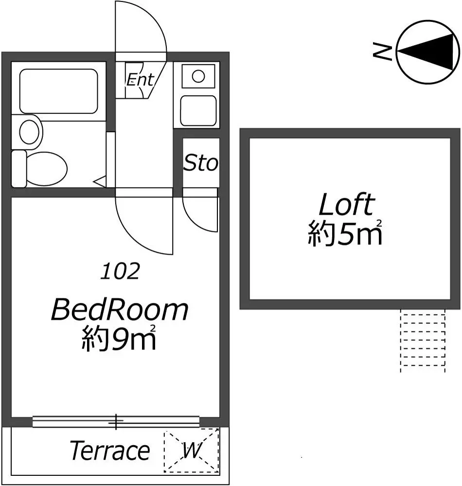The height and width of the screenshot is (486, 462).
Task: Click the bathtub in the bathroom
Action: pyautogui.click(x=59, y=91)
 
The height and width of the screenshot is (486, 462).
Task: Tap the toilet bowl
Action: pyautogui.click(x=47, y=169)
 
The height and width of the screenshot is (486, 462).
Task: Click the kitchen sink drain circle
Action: pyautogui.click(x=198, y=76)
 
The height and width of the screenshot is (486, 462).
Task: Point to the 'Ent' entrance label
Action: pyautogui.click(x=140, y=80)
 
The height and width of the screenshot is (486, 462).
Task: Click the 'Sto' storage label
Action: pyautogui.click(x=201, y=163)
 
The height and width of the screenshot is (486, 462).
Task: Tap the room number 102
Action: pyautogui.click(x=120, y=271)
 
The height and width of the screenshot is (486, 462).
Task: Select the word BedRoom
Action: pyautogui.click(x=120, y=309)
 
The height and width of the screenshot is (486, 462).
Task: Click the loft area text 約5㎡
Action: pyautogui.click(x=345, y=233)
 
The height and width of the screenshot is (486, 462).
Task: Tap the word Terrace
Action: pyautogui.click(x=110, y=451)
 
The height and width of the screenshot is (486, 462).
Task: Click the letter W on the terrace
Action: pyautogui.click(x=192, y=450)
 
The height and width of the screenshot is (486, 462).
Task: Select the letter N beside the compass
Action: pyautogui.click(x=382, y=51)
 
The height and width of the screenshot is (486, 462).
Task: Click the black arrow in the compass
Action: pyautogui.click(x=428, y=52)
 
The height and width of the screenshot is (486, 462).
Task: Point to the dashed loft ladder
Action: pyautogui.click(x=423, y=340)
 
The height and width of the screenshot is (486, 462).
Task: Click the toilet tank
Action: pyautogui.click(x=18, y=169)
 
